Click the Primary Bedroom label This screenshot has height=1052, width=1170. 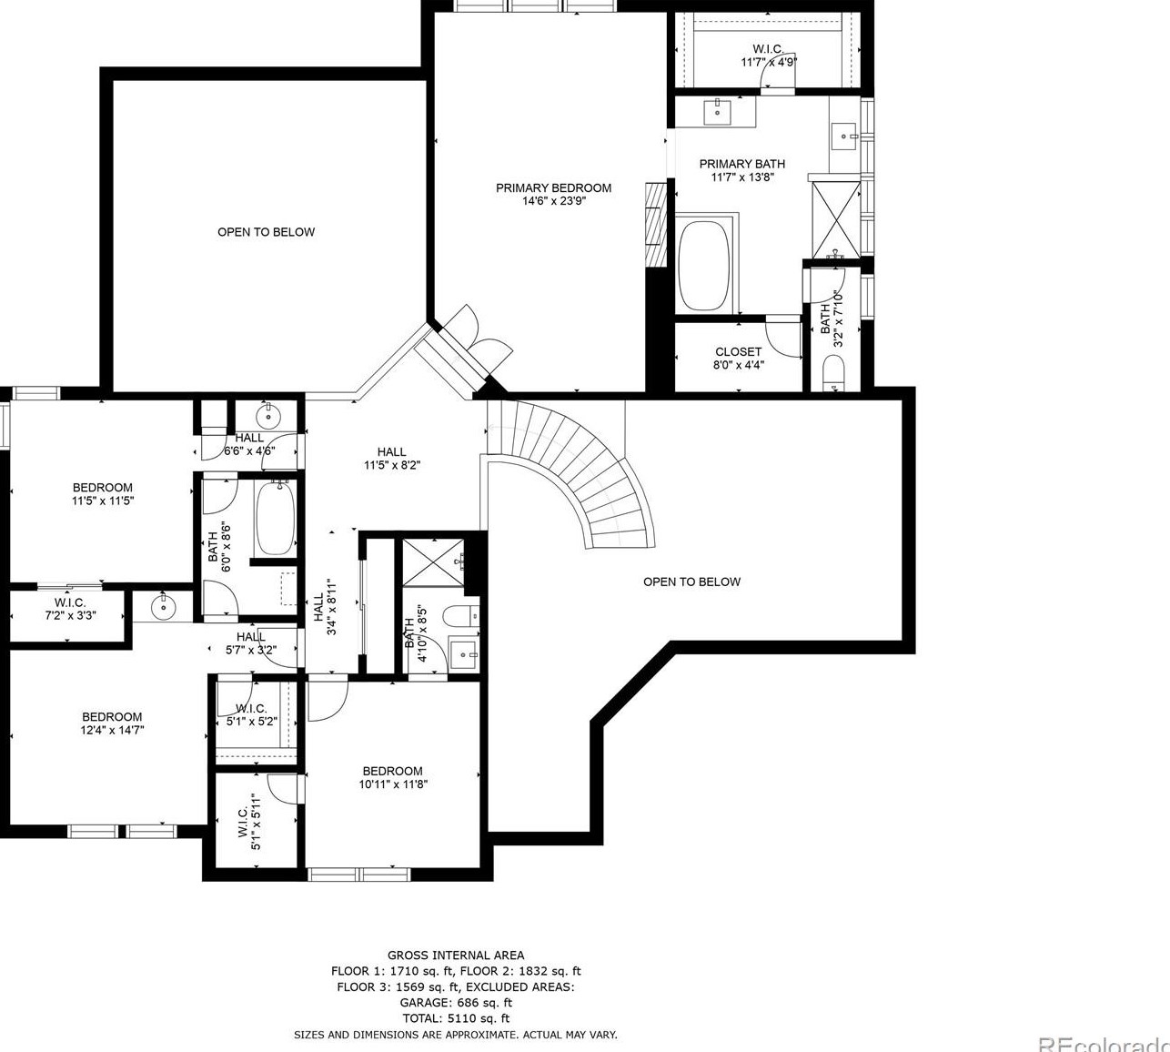click(553, 188)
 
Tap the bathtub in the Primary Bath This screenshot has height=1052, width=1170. click(703, 264)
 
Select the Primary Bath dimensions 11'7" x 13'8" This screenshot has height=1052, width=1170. click(741, 177)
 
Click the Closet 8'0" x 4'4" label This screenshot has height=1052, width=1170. click(738, 358)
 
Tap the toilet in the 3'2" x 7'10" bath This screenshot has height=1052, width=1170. click(833, 373)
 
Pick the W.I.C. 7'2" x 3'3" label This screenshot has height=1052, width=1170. click(70, 609)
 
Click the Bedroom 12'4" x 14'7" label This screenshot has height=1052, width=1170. click(112, 723)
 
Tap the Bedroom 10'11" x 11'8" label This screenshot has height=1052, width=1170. click(392, 777)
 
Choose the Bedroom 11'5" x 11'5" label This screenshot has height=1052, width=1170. click(103, 494)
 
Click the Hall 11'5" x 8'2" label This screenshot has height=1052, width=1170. click(391, 458)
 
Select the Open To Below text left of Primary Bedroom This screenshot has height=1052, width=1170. click(266, 232)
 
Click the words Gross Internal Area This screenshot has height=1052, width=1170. click(455, 955)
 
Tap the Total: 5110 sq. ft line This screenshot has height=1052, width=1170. click(455, 1018)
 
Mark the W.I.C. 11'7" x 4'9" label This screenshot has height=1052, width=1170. click(768, 56)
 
